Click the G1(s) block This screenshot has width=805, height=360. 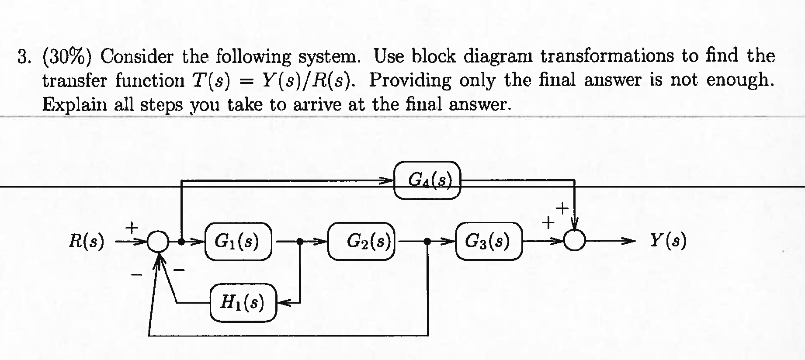pyautogui.click(x=238, y=241)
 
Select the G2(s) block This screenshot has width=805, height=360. pyautogui.click(x=362, y=241)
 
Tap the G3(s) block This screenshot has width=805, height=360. pyautogui.click(x=488, y=241)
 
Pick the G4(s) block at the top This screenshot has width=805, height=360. pyautogui.click(x=427, y=180)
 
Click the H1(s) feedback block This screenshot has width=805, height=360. pyautogui.click(x=243, y=302)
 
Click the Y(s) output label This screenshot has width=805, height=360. pyautogui.click(x=667, y=240)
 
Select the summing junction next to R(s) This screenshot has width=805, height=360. pyautogui.click(x=157, y=242)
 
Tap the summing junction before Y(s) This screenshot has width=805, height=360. pyautogui.click(x=574, y=240)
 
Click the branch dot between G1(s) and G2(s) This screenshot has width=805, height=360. pyautogui.click(x=300, y=241)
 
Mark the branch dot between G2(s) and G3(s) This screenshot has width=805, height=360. pyautogui.click(x=427, y=241)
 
